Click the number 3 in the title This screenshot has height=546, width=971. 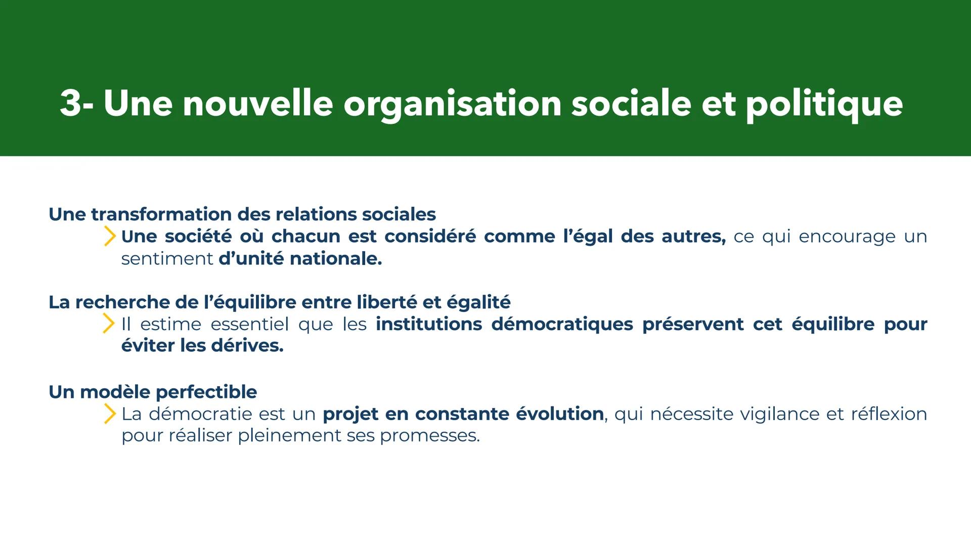coord(70,103)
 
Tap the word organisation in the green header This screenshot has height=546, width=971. coord(452,104)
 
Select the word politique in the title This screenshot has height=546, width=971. coord(824,104)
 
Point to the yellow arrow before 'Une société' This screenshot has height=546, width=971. coord(109,236)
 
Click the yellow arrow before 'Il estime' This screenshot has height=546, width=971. coord(108,324)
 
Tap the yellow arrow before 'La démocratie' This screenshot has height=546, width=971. coord(109,414)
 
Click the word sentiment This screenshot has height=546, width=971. coord(167,259)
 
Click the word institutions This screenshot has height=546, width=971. coord(429,324)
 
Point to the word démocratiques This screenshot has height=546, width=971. coord(562,324)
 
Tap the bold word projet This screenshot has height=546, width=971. coord(350,414)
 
